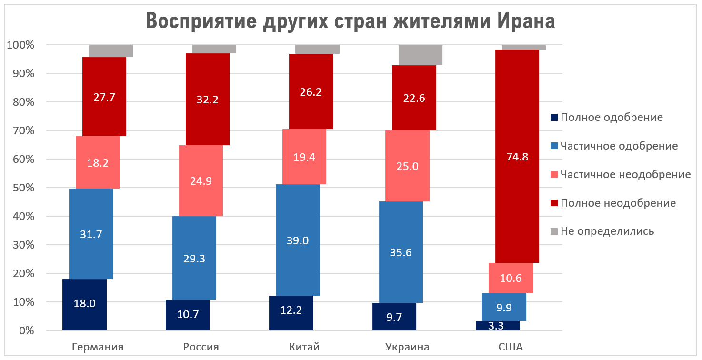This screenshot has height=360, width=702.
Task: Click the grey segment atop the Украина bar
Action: pos(421,55)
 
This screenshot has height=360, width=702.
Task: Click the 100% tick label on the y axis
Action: pos(20,45)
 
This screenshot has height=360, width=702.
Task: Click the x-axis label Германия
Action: pos(97,347)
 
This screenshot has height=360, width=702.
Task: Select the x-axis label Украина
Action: pos(407,347)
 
